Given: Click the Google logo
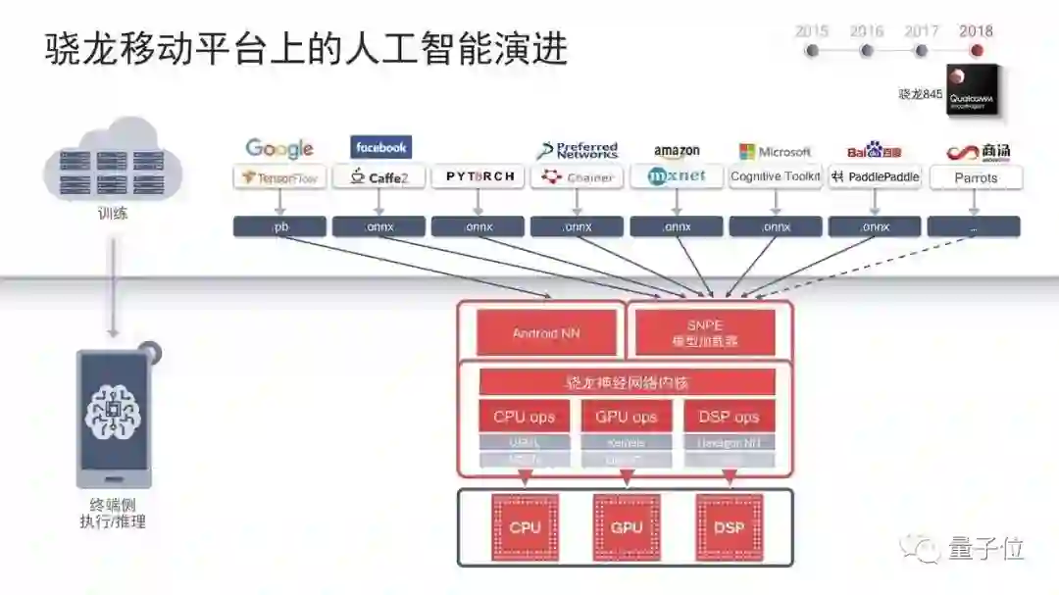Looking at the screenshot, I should [x=279, y=149].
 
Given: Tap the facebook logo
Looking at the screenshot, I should [x=380, y=148].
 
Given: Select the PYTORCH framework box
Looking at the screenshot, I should [x=479, y=177].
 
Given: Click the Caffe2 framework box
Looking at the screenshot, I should [x=378, y=177].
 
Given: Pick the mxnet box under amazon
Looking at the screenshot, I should [x=677, y=177].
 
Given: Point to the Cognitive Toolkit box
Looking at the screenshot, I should [x=776, y=177].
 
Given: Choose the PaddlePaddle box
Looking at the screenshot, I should [x=875, y=177].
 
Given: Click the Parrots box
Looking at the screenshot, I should [x=975, y=177].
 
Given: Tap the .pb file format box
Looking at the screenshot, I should [x=279, y=226].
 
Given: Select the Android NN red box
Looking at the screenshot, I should [x=546, y=333].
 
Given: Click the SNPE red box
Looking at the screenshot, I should [x=705, y=332].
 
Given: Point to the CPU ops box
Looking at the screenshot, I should [x=524, y=417].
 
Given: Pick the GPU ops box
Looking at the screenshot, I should [x=626, y=417].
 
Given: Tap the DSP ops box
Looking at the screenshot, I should [x=729, y=417].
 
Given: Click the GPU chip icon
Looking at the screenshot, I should [x=627, y=527].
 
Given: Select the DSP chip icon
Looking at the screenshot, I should [x=729, y=527].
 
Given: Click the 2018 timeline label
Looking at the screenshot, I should [x=976, y=31].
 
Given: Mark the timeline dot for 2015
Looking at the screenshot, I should [x=812, y=50].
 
